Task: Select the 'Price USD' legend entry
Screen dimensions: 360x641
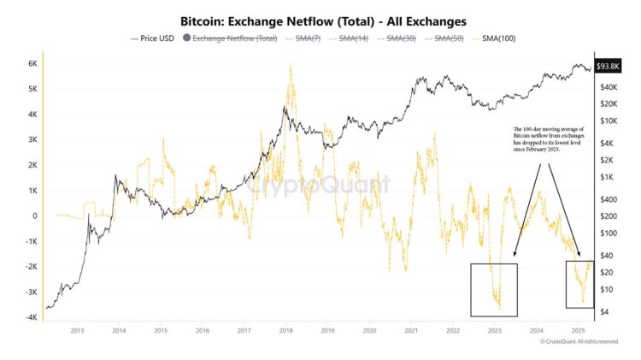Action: [154, 38]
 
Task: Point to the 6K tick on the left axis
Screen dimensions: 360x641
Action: [32, 63]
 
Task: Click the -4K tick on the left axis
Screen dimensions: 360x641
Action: [30, 317]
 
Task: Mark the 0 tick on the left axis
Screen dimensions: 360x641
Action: [35, 215]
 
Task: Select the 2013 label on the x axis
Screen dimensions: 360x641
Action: [77, 330]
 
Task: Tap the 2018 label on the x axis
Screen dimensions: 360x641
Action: [285, 330]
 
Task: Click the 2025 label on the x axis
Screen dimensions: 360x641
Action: [578, 330]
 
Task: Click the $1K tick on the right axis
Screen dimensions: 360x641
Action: [607, 177]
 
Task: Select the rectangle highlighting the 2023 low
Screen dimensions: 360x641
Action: [493, 290]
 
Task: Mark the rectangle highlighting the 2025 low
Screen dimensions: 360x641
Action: [579, 284]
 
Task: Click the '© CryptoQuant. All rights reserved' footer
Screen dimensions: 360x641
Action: [579, 341]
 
